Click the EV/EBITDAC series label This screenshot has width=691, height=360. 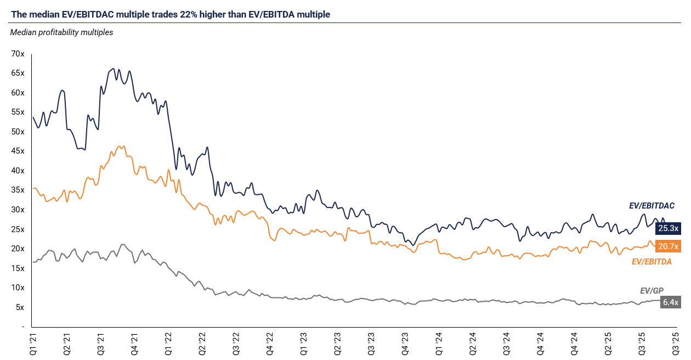(x=652, y=206)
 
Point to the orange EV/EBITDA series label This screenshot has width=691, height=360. (x=652, y=262)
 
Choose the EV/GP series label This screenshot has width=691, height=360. (x=652, y=291)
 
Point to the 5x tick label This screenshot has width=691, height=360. (x=20, y=307)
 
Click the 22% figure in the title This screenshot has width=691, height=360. (x=189, y=14)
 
